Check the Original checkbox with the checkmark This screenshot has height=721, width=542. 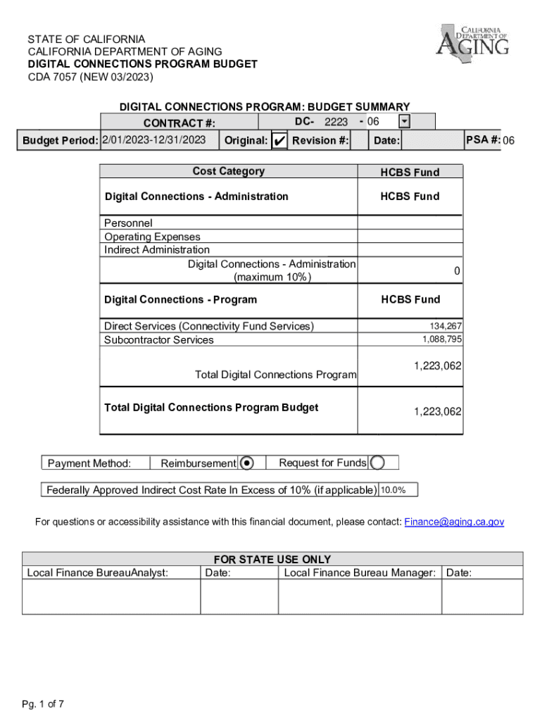pyautogui.click(x=279, y=141)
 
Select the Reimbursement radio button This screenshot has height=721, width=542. pyautogui.click(x=247, y=463)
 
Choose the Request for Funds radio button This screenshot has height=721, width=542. pyautogui.click(x=377, y=463)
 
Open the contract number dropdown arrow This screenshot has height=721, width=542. pyautogui.click(x=404, y=123)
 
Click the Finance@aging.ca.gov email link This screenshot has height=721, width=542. pyautogui.click(x=454, y=522)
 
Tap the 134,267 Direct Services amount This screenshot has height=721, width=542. pyautogui.click(x=446, y=326)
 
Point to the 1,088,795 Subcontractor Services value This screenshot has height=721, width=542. pyautogui.click(x=442, y=339)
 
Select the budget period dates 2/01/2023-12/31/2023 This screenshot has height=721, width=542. pyautogui.click(x=154, y=140)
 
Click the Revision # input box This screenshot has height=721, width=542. pyautogui.click(x=359, y=141)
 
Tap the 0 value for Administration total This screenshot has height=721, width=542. pyautogui.click(x=457, y=271)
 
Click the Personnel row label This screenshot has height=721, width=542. pyautogui.click(x=128, y=223)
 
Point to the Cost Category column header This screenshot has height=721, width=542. pyautogui.click(x=229, y=171)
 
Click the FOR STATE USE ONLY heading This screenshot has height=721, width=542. pyautogui.click(x=272, y=560)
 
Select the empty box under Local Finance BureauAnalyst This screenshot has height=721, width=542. pyautogui.click(x=111, y=596)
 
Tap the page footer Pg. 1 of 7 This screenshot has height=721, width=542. pyautogui.click(x=44, y=703)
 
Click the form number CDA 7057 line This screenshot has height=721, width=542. pyautogui.click(x=90, y=77)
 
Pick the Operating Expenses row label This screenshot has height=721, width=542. pyautogui.click(x=152, y=237)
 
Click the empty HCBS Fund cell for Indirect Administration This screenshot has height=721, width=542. pyautogui.click(x=410, y=249)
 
